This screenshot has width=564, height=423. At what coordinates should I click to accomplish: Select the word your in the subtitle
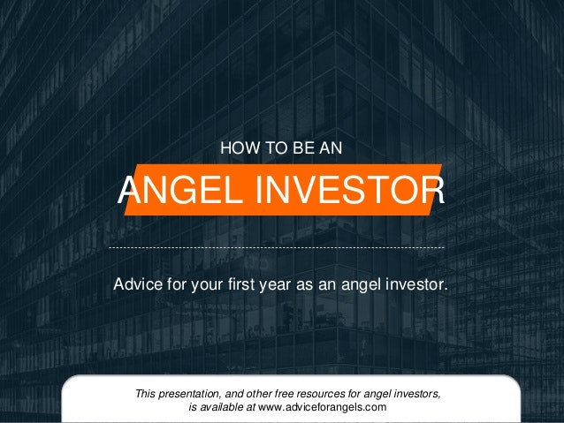pos(210,285)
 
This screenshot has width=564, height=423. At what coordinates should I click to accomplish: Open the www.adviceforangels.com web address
pos(323,407)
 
